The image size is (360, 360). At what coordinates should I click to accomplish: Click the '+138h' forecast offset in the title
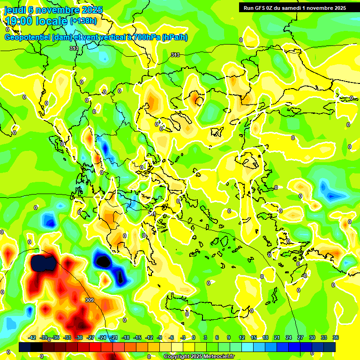pyautogui.click(x=83, y=21)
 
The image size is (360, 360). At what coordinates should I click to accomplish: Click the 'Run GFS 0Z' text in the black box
pyautogui.click(x=260, y=7)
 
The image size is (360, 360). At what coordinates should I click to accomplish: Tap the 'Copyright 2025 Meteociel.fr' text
pyautogui.click(x=199, y=356)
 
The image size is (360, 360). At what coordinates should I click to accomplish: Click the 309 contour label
pyautogui.click(x=90, y=300)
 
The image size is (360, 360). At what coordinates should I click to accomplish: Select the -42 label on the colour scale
pyautogui.click(x=32, y=337)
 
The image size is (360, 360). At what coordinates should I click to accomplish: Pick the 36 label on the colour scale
pyautogui.click(x=336, y=337)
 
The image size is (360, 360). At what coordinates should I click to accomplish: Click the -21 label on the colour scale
pyautogui.click(x=114, y=337)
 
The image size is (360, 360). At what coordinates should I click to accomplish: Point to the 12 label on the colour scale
pyautogui.click(x=242, y=337)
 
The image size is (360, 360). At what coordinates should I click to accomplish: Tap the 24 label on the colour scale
pyautogui.click(x=288, y=337)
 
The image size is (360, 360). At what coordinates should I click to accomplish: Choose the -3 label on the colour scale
pyautogui.click(x=183, y=337)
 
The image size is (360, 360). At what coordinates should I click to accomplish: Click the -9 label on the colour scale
pyautogui.click(x=160, y=337)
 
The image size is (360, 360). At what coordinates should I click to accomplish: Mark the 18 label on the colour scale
pyautogui.click(x=265, y=337)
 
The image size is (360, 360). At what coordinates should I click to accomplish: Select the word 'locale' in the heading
pyautogui.click(x=52, y=21)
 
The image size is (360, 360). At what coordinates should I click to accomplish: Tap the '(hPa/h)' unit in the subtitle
pyautogui.click(x=174, y=37)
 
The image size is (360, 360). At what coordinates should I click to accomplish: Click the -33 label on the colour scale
pyautogui.click(x=67, y=337)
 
